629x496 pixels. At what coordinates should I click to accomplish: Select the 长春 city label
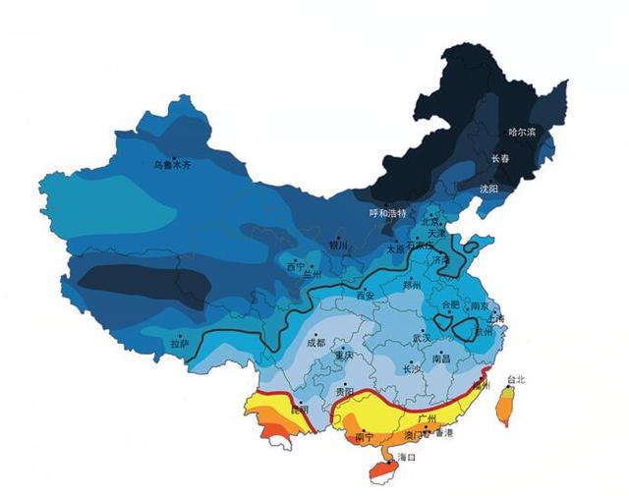tap(501, 159)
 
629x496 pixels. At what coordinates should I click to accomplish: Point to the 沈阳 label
tap(488, 188)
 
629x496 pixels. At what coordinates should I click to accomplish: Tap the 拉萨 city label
tap(179, 345)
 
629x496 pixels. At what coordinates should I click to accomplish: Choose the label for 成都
tap(314, 344)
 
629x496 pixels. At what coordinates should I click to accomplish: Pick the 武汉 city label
tap(421, 338)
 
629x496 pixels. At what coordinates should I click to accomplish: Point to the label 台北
tap(515, 380)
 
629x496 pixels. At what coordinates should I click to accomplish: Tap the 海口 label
tap(406, 458)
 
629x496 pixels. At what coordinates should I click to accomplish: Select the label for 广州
tap(427, 419)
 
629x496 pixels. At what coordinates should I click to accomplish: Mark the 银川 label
tap(339, 247)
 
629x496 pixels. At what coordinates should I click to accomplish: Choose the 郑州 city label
tap(411, 286)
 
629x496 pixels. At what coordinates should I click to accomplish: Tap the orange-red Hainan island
tap(383, 470)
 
